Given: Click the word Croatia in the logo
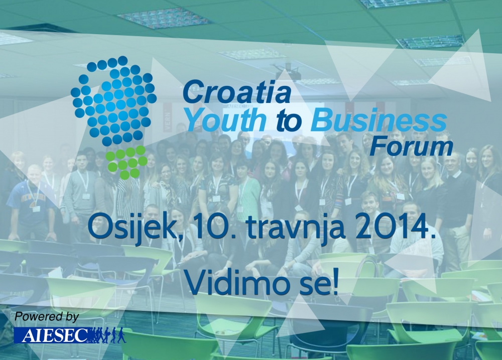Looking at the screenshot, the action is (236, 91).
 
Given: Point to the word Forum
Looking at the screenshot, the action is (411, 147).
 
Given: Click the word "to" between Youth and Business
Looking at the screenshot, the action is (289, 121).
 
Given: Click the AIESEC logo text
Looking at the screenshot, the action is (51, 335).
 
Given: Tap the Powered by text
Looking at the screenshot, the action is (46, 317).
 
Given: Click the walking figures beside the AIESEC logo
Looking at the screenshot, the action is (107, 335).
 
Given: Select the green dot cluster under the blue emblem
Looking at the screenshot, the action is (126, 162).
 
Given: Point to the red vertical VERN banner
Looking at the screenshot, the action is (168, 118).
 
